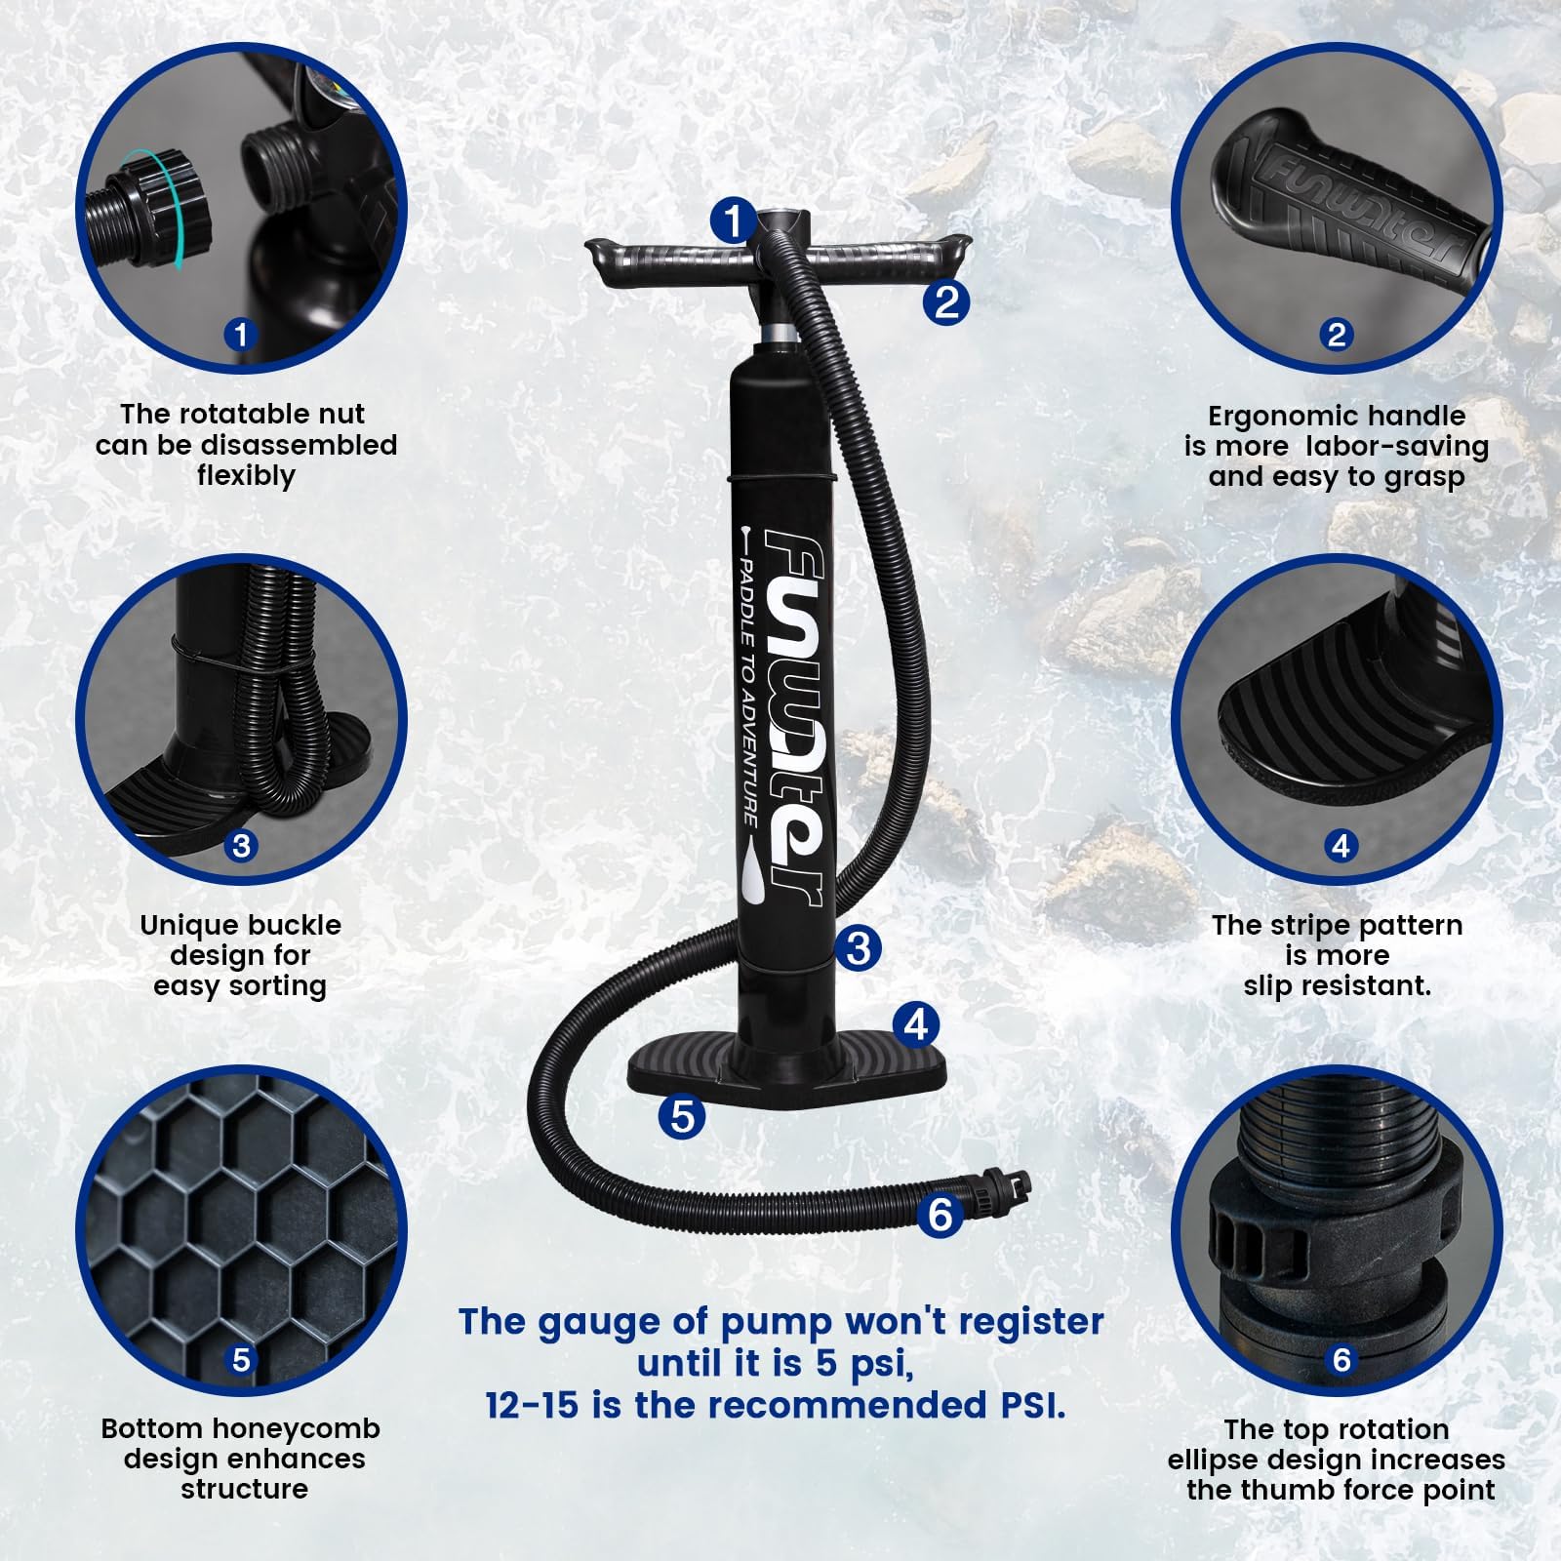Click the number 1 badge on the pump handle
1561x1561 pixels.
(733, 221)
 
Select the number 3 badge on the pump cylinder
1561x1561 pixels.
(859, 946)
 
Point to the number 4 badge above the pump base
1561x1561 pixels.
(916, 1023)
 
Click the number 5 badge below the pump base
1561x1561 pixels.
(682, 1115)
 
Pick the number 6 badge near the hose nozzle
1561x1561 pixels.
(941, 1215)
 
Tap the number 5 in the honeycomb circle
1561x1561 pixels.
(241, 1359)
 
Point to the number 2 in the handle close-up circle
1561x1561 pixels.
(1337, 335)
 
